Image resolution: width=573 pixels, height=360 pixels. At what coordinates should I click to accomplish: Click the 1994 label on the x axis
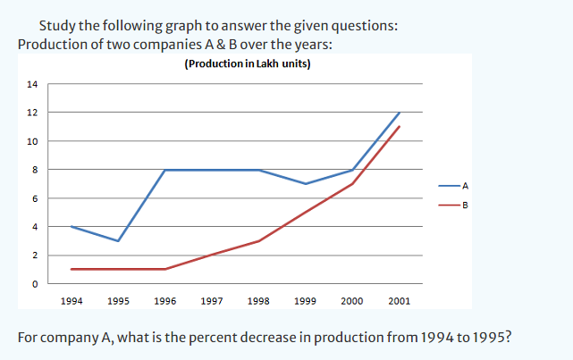(72, 301)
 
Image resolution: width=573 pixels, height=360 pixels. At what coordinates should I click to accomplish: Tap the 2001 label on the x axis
(400, 301)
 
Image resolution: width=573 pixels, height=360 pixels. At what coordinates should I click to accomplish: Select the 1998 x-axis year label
(258, 301)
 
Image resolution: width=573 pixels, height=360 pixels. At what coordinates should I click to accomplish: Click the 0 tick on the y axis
(35, 284)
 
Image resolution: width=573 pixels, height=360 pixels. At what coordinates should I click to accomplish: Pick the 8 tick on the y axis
(35, 170)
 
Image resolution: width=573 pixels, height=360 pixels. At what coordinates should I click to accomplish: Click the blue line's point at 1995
(118, 241)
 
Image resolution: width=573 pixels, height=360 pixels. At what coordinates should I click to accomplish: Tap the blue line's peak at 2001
(400, 113)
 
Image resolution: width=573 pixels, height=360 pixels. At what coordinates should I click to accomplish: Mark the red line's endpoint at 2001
(400, 127)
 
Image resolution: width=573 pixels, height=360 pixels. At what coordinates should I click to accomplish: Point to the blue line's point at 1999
(306, 184)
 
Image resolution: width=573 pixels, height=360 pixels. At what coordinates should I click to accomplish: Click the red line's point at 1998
(258, 241)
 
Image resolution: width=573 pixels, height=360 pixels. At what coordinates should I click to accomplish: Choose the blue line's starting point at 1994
(72, 227)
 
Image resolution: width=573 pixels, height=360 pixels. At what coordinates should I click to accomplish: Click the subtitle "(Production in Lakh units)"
(247, 63)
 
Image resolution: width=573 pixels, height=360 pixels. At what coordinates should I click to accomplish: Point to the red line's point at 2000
(352, 184)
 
